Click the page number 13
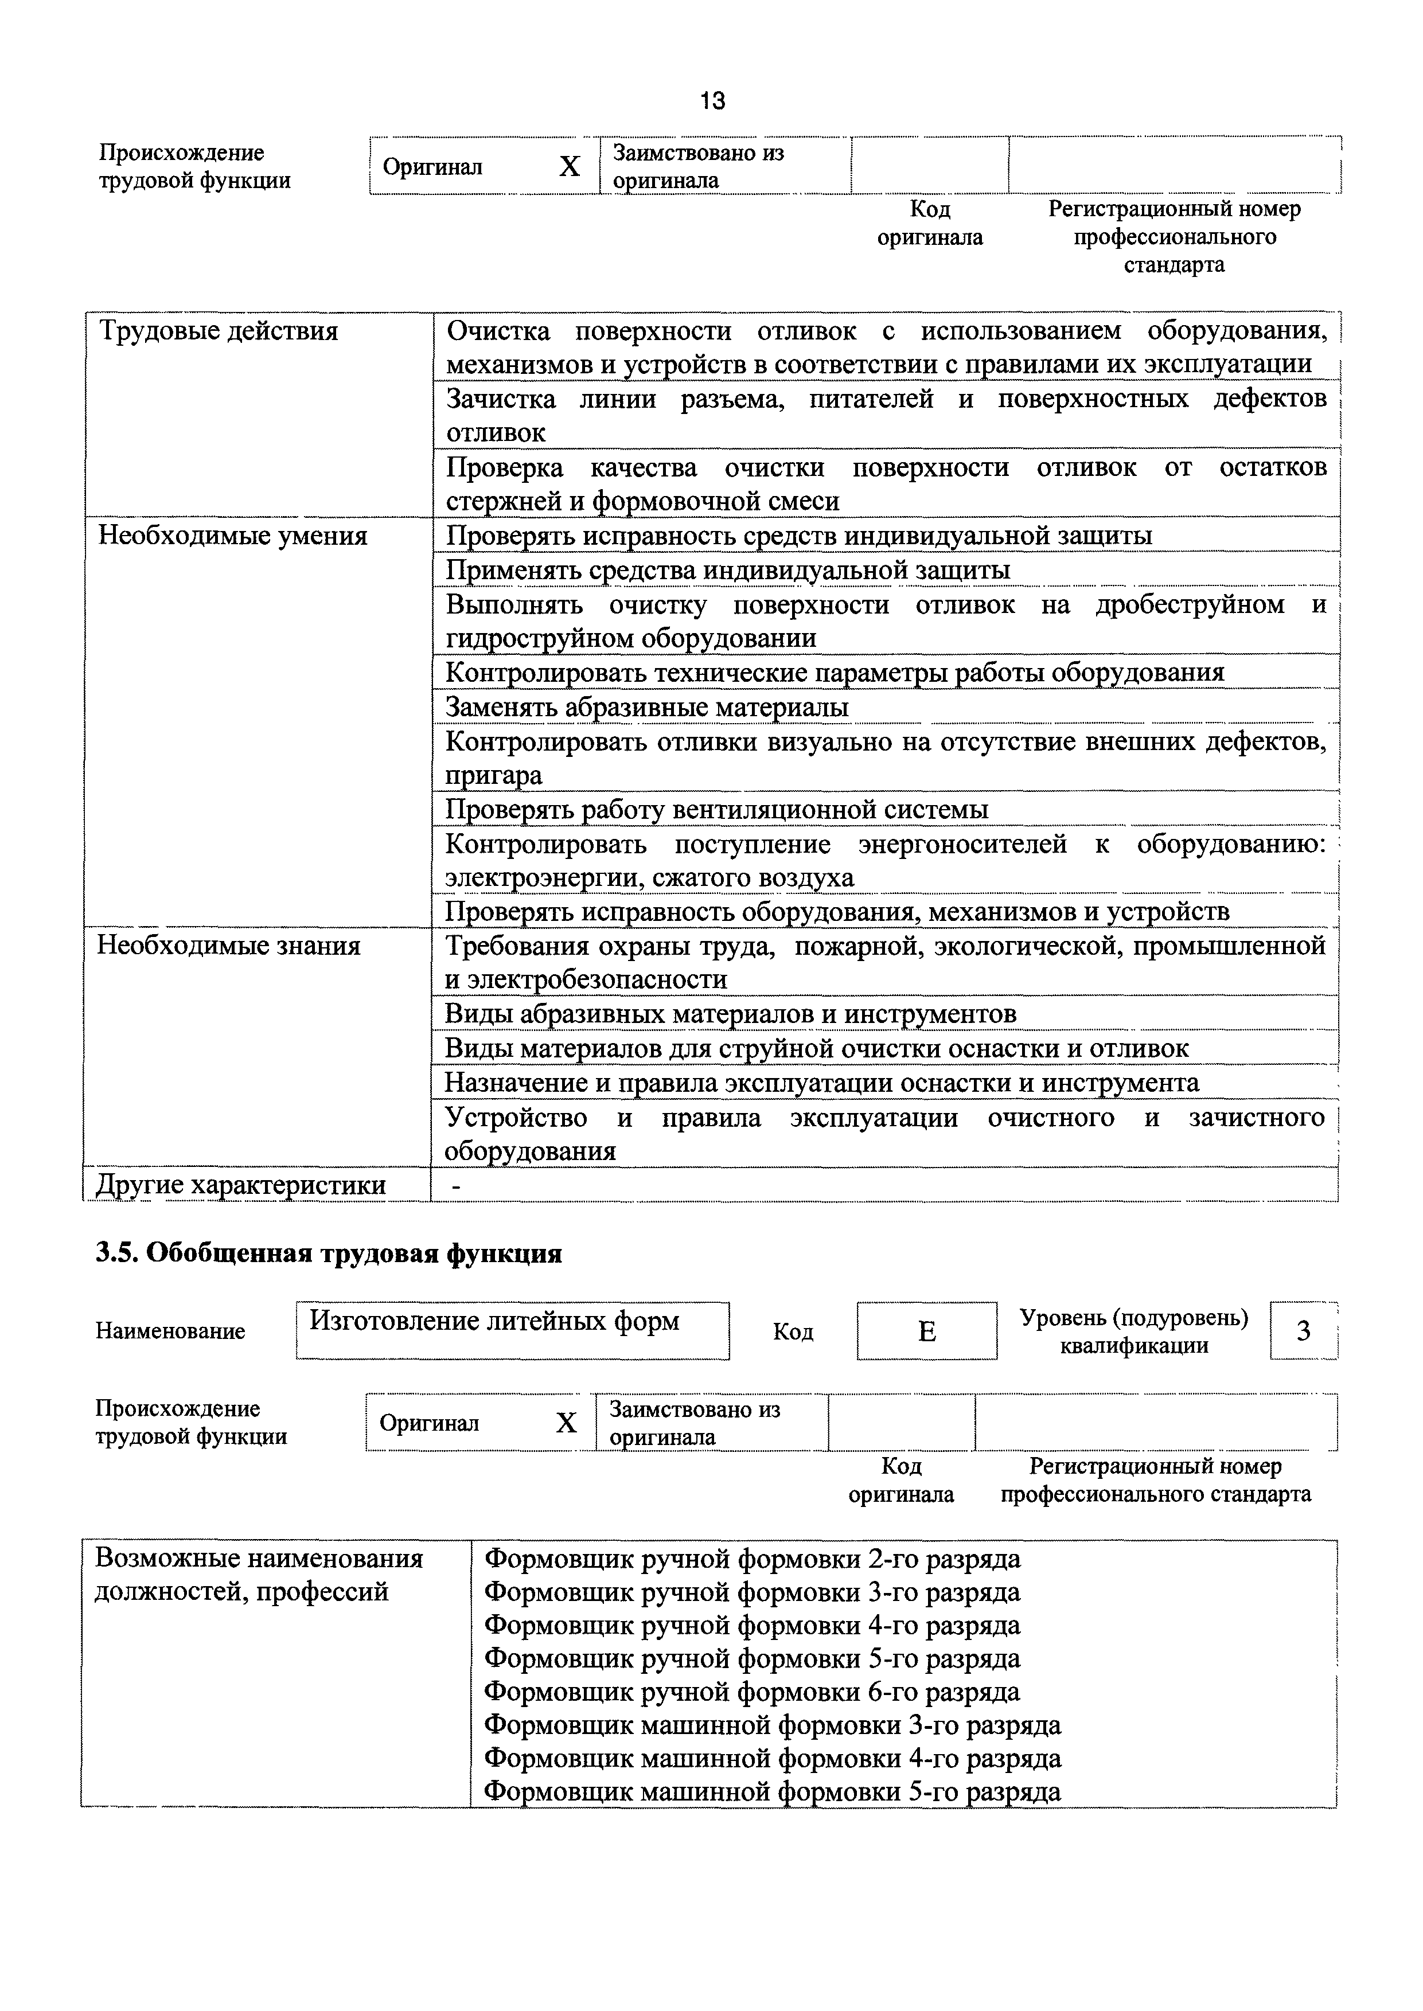[712, 101]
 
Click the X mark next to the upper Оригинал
[570, 166]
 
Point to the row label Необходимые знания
[229, 946]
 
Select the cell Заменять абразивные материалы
[646, 707]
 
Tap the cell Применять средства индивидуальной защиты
[727, 570]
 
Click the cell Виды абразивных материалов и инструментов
[730, 1014]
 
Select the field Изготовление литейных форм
[494, 1321]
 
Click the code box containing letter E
[926, 1331]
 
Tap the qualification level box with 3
[1303, 1331]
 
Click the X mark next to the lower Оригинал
[567, 1423]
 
